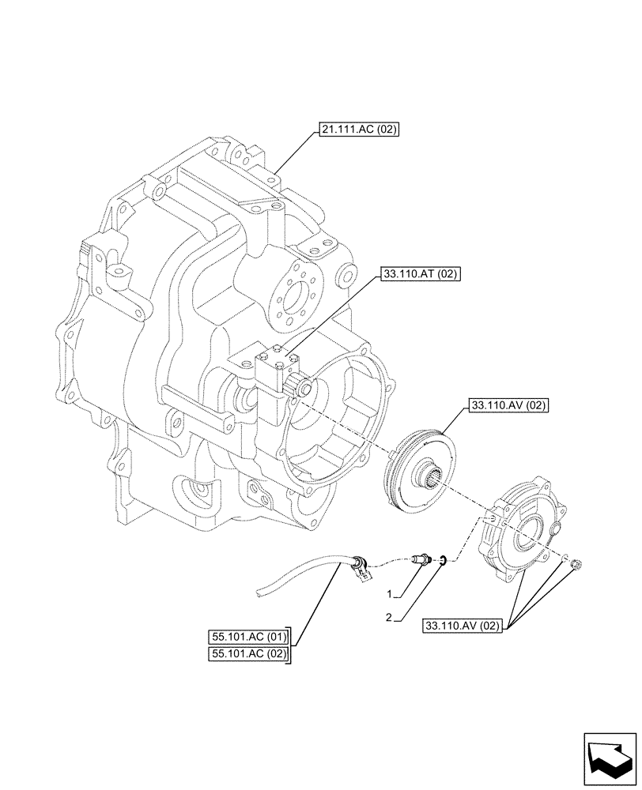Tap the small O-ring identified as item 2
click(x=444, y=561)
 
